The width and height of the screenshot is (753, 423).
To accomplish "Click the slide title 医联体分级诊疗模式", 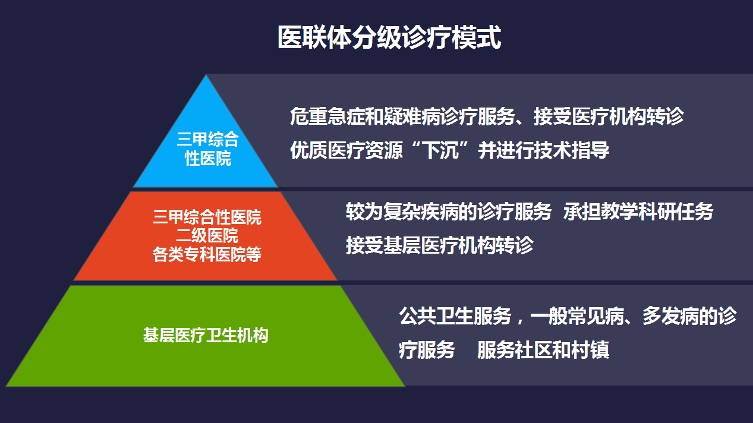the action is (x=389, y=37).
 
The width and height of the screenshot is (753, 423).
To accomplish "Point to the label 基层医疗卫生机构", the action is (x=206, y=335).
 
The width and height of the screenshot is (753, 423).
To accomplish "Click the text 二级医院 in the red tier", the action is (x=207, y=235).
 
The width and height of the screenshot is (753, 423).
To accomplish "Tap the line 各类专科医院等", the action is (x=207, y=254).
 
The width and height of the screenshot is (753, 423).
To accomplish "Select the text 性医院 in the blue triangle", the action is (x=208, y=158).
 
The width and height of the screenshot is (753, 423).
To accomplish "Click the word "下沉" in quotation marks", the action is (x=440, y=150).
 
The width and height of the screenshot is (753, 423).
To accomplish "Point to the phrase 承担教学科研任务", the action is (x=638, y=211).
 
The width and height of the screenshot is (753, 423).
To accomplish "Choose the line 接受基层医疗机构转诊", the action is (x=440, y=245).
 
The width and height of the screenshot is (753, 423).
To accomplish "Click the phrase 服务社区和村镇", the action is (x=543, y=350).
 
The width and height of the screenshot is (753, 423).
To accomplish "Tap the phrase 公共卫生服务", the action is (x=455, y=316).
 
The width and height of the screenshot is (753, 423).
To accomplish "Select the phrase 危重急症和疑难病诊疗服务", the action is (x=402, y=116).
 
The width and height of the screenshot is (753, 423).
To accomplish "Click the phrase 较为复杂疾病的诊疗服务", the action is (x=449, y=211).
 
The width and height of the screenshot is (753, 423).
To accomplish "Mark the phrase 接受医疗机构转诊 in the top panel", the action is (x=609, y=116).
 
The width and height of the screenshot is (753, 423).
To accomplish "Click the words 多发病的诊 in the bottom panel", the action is (x=689, y=316).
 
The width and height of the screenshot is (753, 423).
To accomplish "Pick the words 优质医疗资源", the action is (x=346, y=150).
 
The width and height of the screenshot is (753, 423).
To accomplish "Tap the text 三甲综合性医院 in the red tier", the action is (x=207, y=217).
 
